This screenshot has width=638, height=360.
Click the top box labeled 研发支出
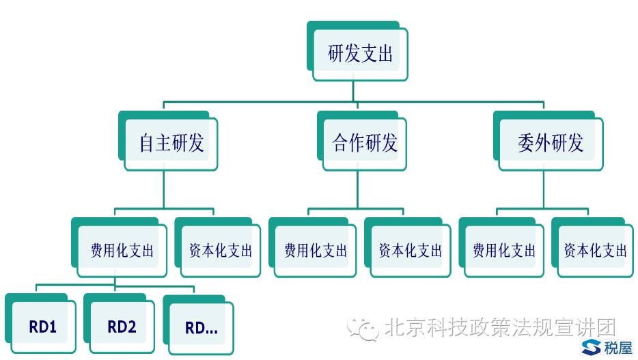pos(361,54)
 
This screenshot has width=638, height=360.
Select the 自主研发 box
pos(171,143)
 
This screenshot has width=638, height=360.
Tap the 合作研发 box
pos(365,143)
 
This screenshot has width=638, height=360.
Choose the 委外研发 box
pos(551,143)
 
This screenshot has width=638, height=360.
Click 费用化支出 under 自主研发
pos(122,251)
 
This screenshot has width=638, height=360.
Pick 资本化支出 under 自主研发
pos(221,251)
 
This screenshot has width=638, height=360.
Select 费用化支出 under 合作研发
pos(316,251)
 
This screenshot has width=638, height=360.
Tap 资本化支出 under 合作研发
pos(411,251)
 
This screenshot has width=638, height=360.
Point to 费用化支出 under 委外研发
pos(505,251)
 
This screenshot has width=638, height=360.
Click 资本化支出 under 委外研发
pos(596,251)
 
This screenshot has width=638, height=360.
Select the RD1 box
pos(42,327)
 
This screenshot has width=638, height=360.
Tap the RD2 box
pos(122,327)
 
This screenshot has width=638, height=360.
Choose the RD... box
pos(202,329)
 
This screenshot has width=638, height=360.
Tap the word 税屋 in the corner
pos(618,348)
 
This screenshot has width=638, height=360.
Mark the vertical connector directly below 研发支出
pos(353,91)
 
